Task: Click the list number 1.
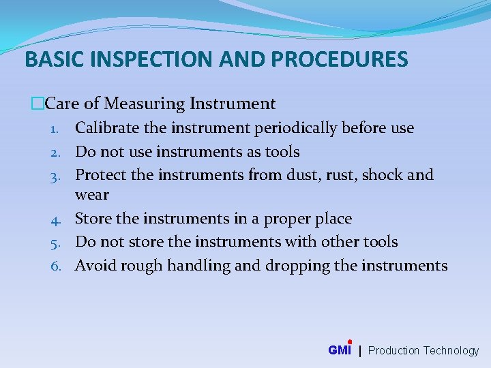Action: pyautogui.click(x=59, y=129)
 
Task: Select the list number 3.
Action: pyautogui.click(x=58, y=176)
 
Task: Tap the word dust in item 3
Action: pyautogui.click(x=303, y=175)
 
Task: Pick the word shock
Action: pyautogui.click(x=383, y=175)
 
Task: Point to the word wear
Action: pyautogui.click(x=92, y=195)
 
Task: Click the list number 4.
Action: pyautogui.click(x=58, y=219)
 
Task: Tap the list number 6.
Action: pyautogui.click(x=58, y=266)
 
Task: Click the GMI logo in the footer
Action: pyautogui.click(x=340, y=350)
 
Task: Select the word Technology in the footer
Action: pyautogui.click(x=451, y=351)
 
